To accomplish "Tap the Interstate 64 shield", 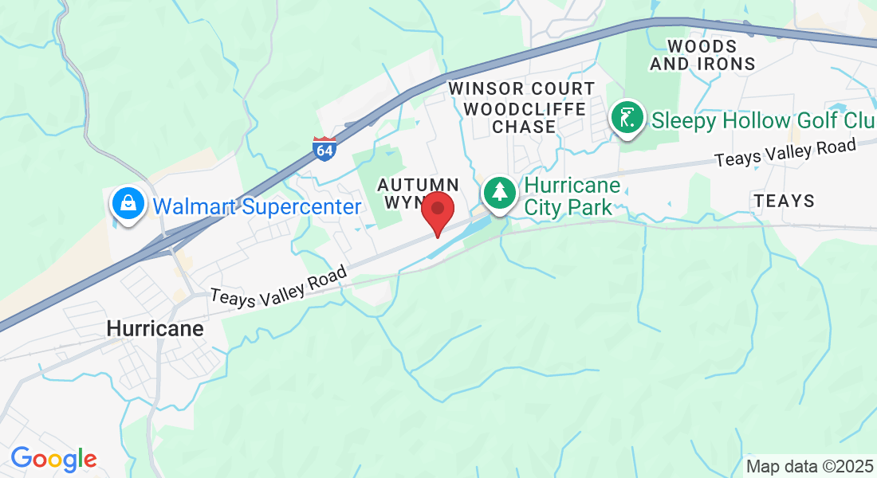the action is pyautogui.click(x=324, y=147).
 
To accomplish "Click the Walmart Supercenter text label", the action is pyautogui.click(x=257, y=207).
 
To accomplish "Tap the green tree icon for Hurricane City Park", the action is pyautogui.click(x=499, y=194).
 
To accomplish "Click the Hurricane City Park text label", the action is pyautogui.click(x=571, y=197).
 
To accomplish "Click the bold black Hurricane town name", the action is pyautogui.click(x=155, y=328).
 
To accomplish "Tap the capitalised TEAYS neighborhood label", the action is pyautogui.click(x=785, y=201).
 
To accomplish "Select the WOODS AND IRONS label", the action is pyautogui.click(x=702, y=55).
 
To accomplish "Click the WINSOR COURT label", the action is pyautogui.click(x=521, y=88).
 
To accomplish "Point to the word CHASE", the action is pyautogui.click(x=524, y=127).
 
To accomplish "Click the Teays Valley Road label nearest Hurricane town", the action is pyautogui.click(x=279, y=284).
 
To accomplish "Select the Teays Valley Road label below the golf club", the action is pyautogui.click(x=785, y=152).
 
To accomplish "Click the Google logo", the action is pyautogui.click(x=53, y=459).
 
